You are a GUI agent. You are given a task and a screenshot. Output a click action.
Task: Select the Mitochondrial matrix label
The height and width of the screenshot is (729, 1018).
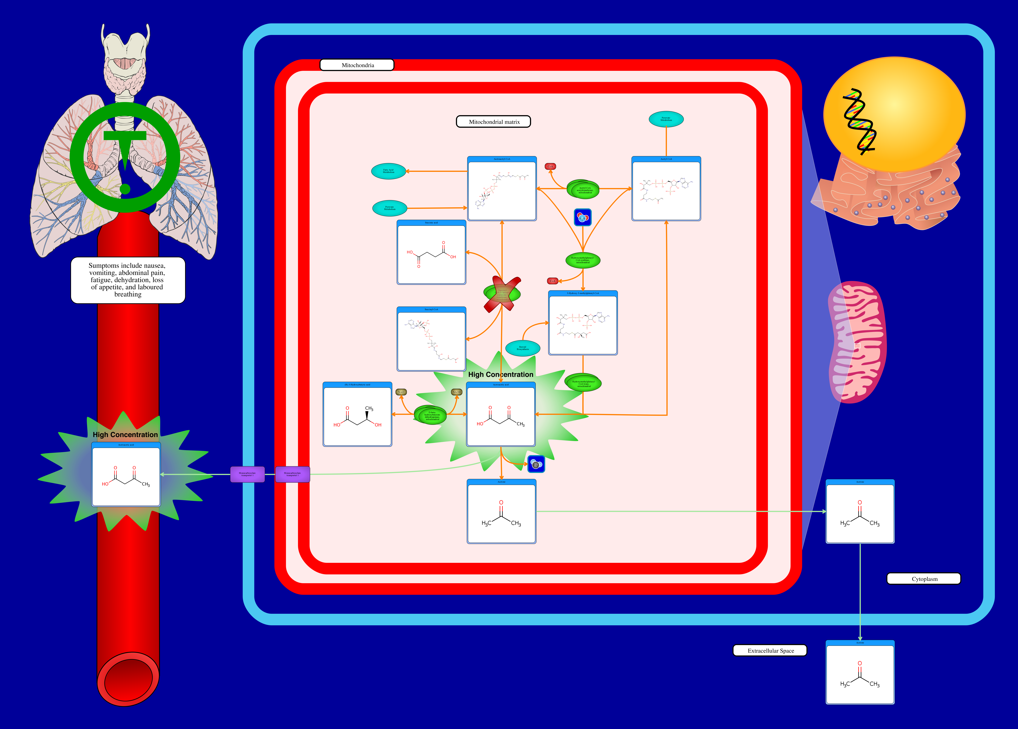point(493,122)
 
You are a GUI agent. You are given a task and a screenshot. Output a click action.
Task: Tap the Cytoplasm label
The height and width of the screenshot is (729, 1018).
point(924,579)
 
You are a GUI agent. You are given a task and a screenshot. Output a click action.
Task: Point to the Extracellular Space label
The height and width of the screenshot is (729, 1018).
point(770,650)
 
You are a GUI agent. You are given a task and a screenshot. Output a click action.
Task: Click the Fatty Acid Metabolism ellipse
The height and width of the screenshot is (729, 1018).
point(389,171)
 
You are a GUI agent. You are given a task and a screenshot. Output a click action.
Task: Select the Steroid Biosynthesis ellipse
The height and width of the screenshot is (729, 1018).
point(523,348)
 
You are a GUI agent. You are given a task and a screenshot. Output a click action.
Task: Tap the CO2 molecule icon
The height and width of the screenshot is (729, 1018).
point(536,464)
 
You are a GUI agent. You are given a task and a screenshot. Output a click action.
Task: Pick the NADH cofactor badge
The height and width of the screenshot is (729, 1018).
point(456,392)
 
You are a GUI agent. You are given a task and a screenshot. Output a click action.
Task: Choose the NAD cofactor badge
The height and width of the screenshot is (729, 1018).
point(401,392)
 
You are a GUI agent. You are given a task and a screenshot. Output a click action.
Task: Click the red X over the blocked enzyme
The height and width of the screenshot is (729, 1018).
point(502,294)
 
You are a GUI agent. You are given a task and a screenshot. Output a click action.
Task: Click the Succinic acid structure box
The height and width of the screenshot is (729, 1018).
point(431,252)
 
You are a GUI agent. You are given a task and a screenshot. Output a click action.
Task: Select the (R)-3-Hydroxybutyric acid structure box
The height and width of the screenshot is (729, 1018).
point(357,414)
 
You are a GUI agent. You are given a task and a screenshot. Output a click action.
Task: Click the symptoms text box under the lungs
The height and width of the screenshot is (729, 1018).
point(128,280)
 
